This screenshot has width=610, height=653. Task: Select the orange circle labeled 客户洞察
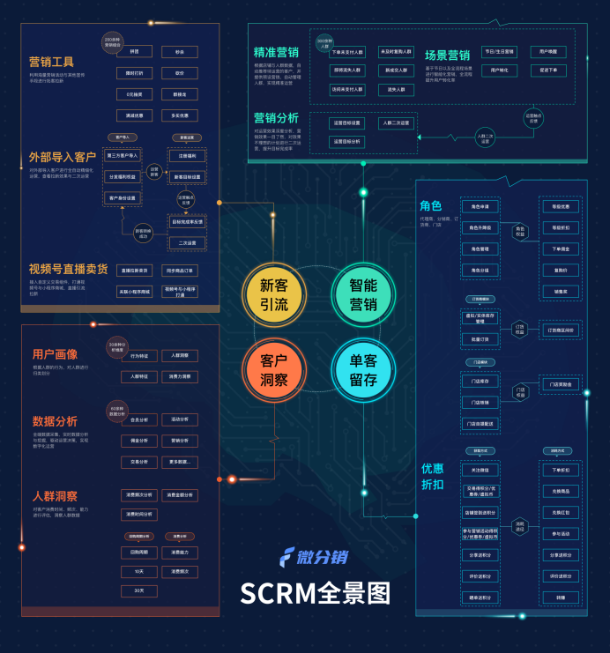tap(274, 370)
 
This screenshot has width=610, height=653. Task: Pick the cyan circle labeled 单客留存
tap(362, 370)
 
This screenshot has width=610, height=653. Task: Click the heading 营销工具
tap(51, 62)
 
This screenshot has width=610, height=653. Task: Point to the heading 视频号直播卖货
tap(68, 269)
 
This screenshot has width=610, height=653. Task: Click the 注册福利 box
tap(187, 155)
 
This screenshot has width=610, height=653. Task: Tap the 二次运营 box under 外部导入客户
tap(187, 243)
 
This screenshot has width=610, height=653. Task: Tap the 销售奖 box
tap(561, 291)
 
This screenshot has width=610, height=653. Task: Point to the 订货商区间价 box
tap(561, 330)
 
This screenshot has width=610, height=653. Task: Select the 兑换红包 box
tap(561, 512)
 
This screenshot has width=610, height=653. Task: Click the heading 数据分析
tap(55, 421)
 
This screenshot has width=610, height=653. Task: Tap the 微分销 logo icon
tap(286, 558)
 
